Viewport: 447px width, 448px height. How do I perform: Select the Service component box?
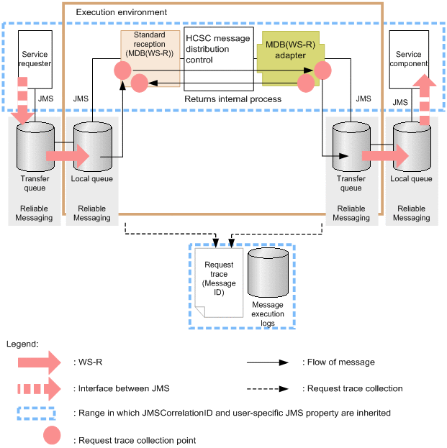[408, 58]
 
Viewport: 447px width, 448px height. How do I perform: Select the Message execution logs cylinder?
[268, 273]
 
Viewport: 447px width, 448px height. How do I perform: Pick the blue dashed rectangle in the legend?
[42, 413]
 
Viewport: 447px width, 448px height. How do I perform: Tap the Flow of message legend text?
[338, 362]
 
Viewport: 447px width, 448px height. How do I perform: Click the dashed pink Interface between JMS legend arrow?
[40, 388]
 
